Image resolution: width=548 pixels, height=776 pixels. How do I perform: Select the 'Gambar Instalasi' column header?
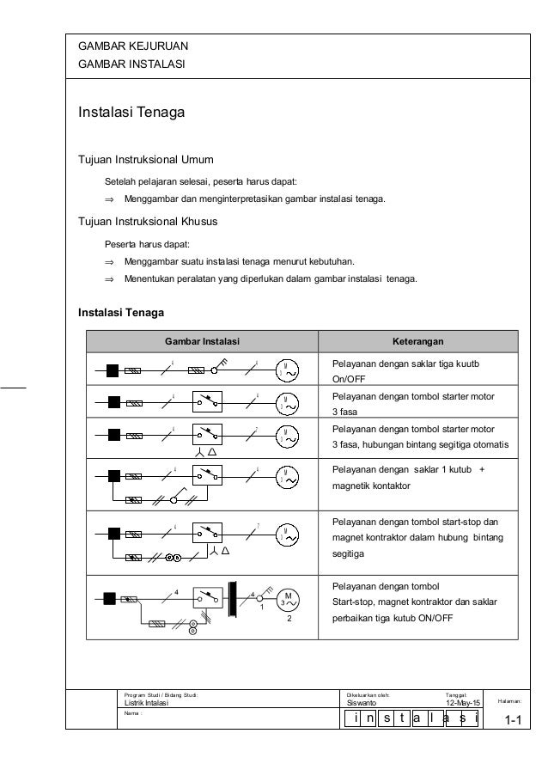pos(203,341)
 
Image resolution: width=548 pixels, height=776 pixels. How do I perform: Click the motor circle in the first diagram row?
pos(287,370)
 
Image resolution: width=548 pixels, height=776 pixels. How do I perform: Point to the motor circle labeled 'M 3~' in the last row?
pos(287,599)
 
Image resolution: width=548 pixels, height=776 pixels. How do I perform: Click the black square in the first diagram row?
pos(112,370)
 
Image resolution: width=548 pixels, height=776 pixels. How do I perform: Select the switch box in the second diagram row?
pos(207,402)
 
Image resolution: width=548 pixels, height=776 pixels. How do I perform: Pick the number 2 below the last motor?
pos(290,619)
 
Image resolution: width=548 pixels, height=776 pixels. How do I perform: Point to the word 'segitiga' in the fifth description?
pos(348,554)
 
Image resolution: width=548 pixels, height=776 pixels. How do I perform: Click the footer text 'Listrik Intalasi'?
pos(147,703)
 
